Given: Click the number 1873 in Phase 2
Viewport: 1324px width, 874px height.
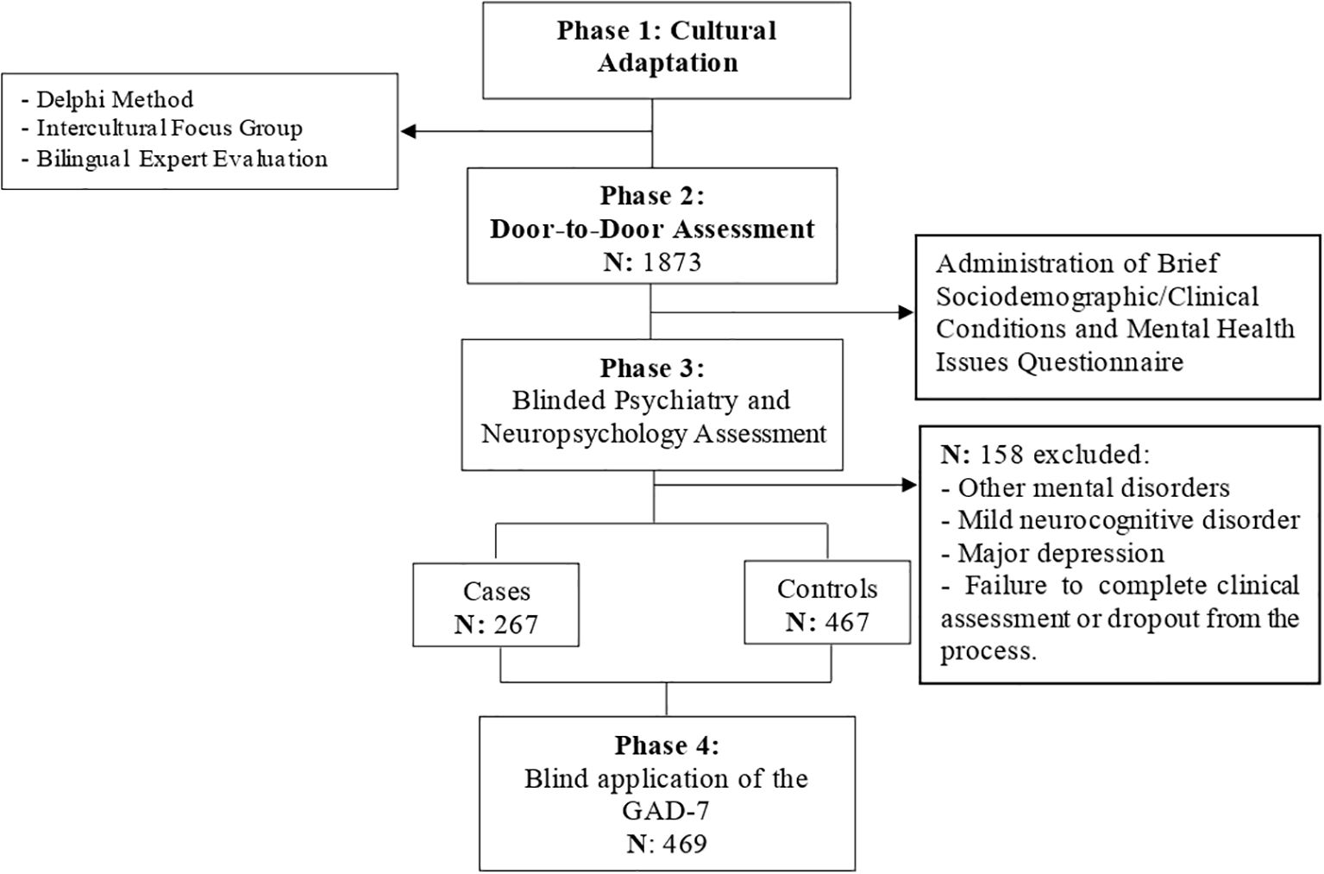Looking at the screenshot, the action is [672, 262].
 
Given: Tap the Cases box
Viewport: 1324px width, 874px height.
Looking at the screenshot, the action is [496, 604].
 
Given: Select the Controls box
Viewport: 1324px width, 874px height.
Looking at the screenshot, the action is [827, 602].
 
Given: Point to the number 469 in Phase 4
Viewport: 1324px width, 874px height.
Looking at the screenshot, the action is [685, 844].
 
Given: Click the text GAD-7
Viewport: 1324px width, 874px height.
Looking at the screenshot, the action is [666, 811].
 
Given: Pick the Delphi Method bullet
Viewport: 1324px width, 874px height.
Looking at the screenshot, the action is [108, 99].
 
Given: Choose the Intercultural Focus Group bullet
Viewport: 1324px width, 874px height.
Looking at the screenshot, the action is [162, 129].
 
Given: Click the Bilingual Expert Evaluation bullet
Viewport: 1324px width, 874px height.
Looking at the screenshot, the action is [174, 159].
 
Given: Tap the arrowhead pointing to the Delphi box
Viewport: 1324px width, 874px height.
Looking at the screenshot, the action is [409, 131].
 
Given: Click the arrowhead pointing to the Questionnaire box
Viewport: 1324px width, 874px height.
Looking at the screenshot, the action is [907, 312].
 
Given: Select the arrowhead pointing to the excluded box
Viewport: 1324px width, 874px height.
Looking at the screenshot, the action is [909, 486].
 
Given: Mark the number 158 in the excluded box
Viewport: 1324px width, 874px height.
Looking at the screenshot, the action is [1002, 454].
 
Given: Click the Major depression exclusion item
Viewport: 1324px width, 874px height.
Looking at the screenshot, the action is [1052, 554].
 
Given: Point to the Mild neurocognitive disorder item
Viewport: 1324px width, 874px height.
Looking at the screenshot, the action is [1120, 520].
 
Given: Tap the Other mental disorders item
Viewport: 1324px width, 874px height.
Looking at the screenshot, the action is [1085, 487].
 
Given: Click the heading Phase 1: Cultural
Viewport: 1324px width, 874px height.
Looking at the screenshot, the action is [667, 31].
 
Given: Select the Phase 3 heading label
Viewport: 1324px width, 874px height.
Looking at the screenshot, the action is [652, 368].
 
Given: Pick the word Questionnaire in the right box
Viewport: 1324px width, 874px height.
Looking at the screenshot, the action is [1100, 362].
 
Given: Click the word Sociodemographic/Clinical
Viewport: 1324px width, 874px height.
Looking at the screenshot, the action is [1097, 296].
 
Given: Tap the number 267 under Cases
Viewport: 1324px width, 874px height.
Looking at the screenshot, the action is [516, 625].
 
